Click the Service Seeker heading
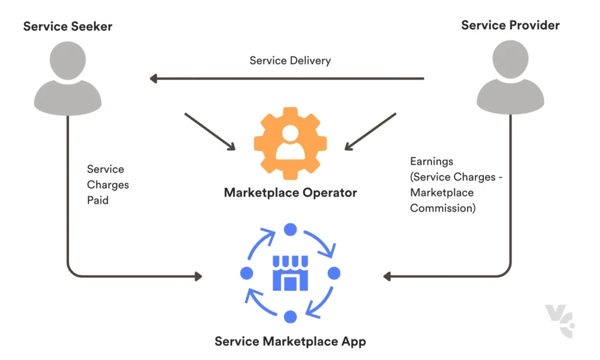[67, 26]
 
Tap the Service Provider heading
[510, 25]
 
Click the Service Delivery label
[290, 60]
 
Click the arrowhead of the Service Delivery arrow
[154, 79]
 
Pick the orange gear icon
[290, 144]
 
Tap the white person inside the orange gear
[290, 145]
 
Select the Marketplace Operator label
[290, 192]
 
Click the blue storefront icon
[290, 273]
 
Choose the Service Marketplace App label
[290, 341]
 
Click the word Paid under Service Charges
[98, 200]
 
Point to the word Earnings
[431, 161]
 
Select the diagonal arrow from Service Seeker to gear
[210, 131]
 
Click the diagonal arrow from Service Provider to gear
[370, 131]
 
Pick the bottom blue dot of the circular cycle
[290, 317]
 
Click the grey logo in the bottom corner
[560, 321]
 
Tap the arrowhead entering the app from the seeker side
[197, 276]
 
